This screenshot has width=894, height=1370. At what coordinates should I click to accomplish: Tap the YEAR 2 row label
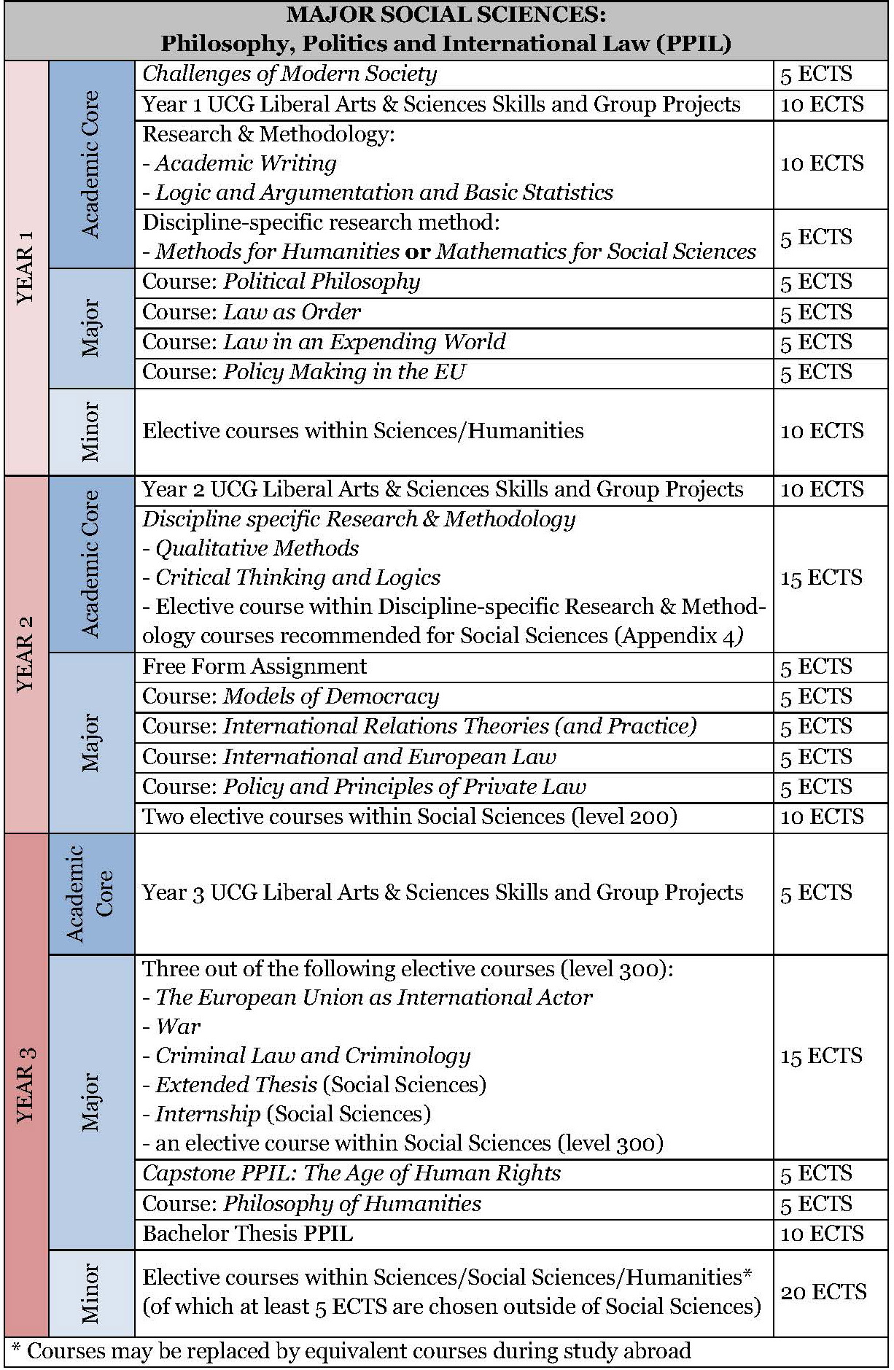pos(26,653)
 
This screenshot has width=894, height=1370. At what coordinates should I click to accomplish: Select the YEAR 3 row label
pos(26,1084)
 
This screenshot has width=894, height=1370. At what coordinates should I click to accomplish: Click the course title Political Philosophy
pos(322,282)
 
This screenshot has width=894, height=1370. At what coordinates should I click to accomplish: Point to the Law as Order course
pos(292,312)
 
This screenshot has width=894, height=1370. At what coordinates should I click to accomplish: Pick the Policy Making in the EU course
pos(343,372)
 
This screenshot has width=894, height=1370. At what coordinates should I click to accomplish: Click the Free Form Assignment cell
pos(254,666)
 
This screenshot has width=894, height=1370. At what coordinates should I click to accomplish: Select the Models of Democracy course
pos(331,696)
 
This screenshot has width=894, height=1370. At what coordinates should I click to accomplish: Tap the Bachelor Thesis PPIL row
pos(248,1234)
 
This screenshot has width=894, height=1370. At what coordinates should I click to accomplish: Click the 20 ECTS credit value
pos(823,1292)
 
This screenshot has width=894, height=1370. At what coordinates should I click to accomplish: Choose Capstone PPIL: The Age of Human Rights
pos(351,1173)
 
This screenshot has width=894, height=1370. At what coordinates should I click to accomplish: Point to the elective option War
pos(178,1027)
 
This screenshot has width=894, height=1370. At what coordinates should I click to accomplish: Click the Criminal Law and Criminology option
pos(313,1056)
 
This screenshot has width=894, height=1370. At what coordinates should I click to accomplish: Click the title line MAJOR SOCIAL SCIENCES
pos(446,15)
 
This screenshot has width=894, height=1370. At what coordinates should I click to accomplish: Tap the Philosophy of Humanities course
pos(351,1204)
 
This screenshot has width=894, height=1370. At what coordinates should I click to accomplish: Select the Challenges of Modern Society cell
pos(289,74)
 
